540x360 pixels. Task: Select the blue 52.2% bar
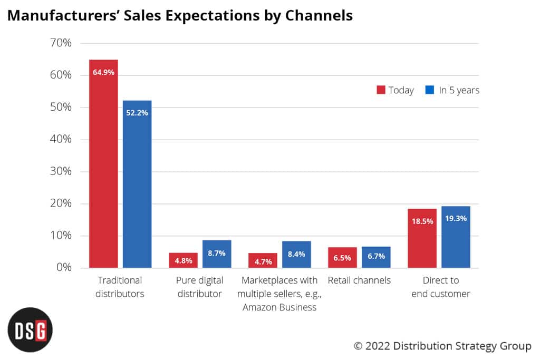point(137,184)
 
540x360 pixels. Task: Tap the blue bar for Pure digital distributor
point(217,254)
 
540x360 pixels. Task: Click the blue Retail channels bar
point(376,257)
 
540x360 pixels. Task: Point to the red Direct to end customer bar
point(422,238)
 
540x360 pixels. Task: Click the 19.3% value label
point(456,218)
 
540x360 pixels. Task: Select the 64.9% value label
point(103,72)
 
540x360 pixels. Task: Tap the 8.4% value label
point(296,254)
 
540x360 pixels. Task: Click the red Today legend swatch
point(381,90)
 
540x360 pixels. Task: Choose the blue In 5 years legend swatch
point(430,90)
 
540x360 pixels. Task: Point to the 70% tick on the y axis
point(60,43)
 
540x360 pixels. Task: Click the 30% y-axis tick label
point(60,172)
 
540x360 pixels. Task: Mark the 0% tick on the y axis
point(62,268)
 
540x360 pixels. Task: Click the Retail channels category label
point(359,280)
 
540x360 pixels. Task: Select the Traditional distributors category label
point(120,287)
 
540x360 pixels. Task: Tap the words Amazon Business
point(279,307)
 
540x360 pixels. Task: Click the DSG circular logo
point(30,330)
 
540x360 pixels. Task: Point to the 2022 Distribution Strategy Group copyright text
point(442,346)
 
